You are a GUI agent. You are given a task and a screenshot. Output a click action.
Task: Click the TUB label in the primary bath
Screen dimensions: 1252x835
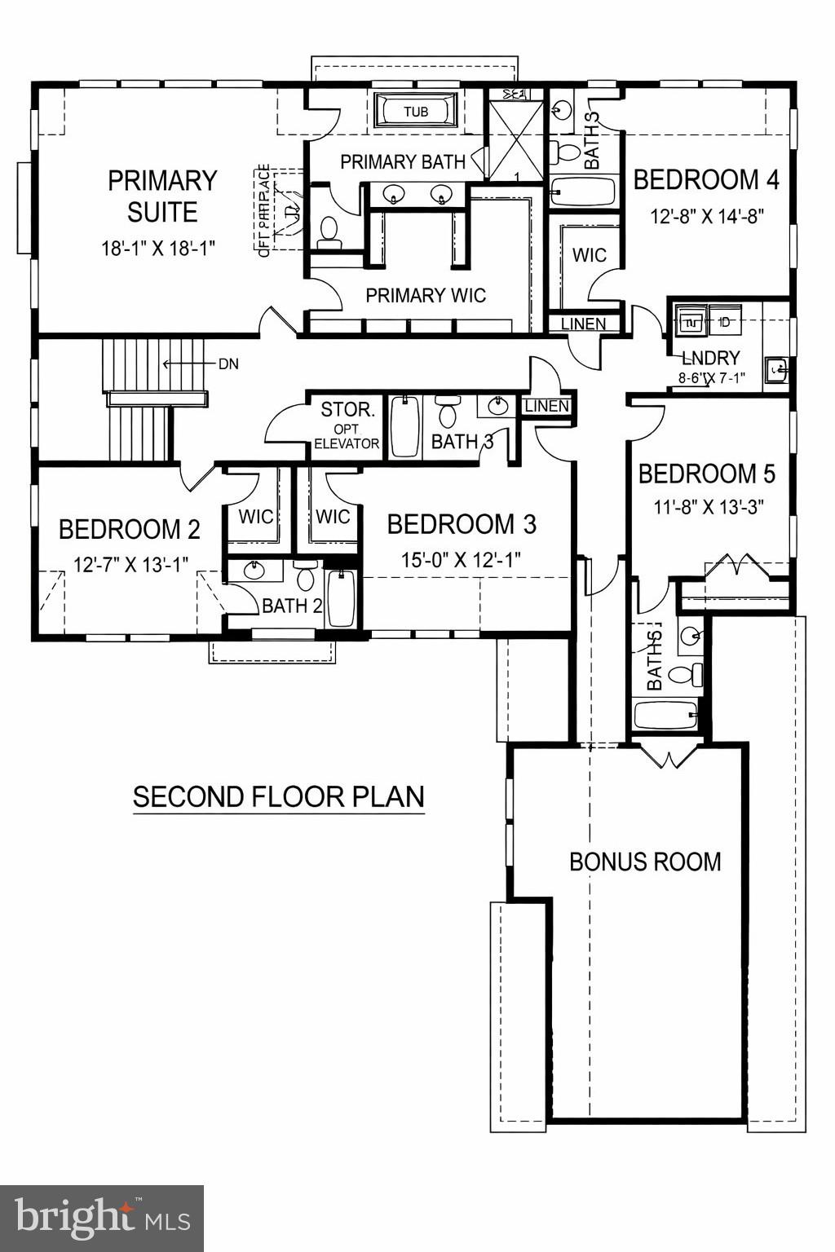pos(416,112)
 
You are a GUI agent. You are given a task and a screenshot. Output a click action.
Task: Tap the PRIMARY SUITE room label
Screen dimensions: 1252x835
pos(162,196)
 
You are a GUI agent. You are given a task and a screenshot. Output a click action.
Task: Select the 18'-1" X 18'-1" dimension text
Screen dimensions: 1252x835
pos(158,249)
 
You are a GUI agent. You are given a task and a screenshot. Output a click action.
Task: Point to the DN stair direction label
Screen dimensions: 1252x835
pos(228,364)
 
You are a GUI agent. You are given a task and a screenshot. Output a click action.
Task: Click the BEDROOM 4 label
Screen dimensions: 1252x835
pos(706,179)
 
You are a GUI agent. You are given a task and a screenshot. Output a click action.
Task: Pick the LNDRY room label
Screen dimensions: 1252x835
pos(710,358)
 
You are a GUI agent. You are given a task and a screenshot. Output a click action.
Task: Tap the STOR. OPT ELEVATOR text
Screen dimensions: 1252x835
pos(347,425)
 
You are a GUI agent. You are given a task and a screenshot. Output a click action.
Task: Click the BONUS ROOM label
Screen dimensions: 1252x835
pos(645,862)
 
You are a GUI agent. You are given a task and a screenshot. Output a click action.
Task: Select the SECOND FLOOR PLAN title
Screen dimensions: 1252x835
pos(279,797)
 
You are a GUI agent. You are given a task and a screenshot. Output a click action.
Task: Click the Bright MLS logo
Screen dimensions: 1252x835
pos(102,1218)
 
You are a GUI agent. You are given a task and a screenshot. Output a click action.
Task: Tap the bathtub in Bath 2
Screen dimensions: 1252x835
pos(341,598)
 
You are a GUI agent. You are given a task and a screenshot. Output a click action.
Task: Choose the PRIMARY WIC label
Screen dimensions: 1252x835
pos(426,295)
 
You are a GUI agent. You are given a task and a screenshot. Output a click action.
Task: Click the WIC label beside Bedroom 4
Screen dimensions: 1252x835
pos(589,255)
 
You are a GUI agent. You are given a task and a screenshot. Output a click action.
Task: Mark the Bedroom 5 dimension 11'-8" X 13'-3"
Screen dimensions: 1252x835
pos(708,507)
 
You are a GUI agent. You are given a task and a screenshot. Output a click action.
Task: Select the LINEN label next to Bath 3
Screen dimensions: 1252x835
pos(547,406)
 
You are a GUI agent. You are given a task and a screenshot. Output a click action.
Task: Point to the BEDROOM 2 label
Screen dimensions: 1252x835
pos(129,530)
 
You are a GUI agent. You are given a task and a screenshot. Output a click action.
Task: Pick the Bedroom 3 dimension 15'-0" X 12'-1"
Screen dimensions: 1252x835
pos(461,560)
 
